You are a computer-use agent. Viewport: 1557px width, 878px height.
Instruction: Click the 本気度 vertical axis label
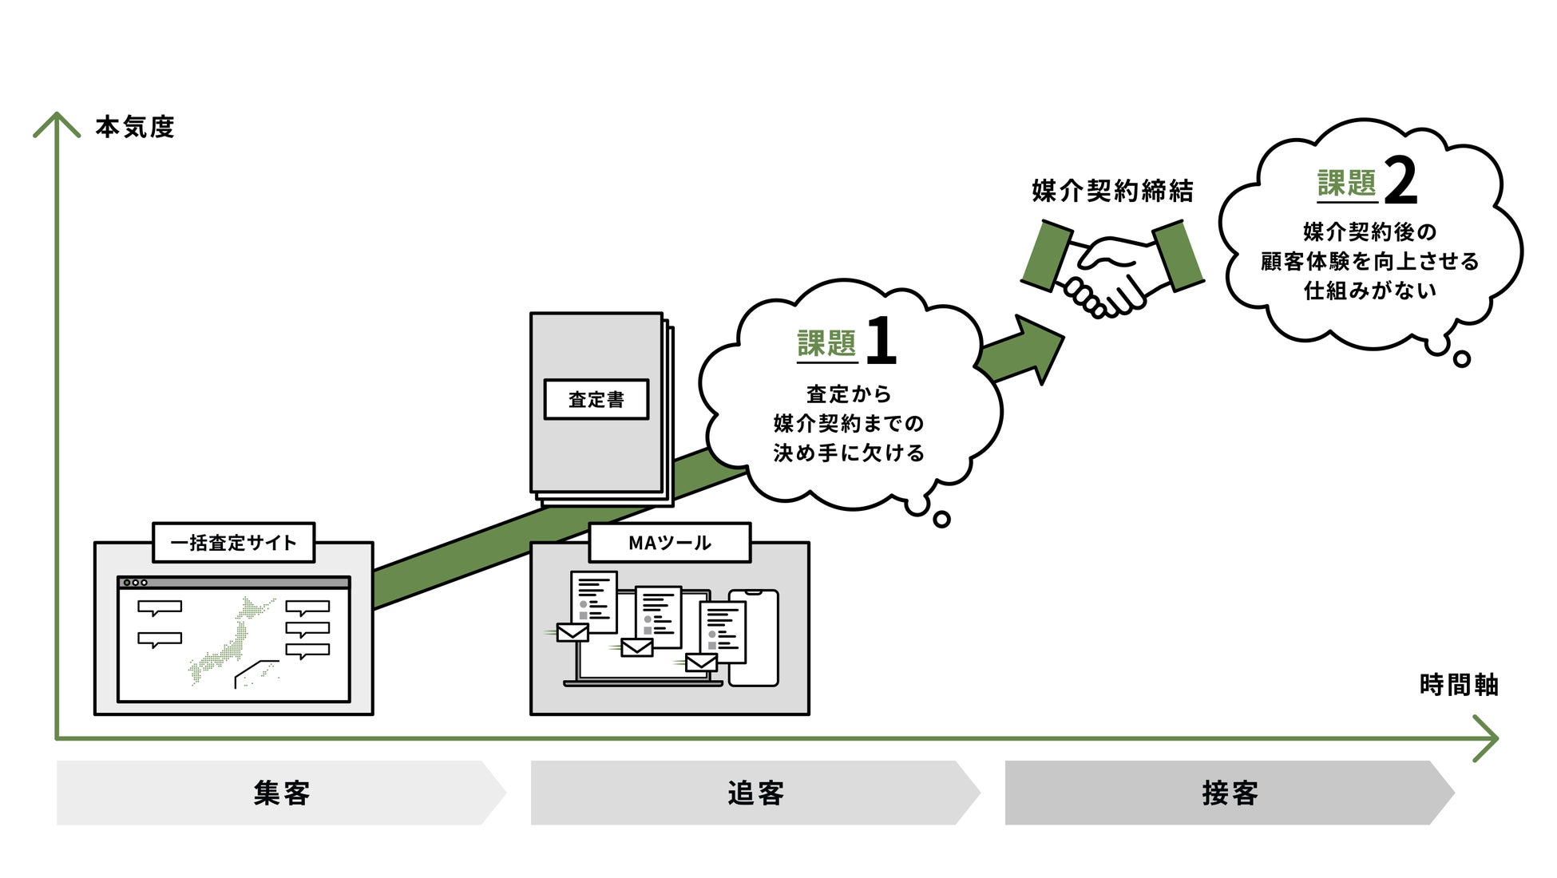click(134, 127)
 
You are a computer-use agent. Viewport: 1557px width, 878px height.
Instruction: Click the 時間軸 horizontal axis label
click(1458, 685)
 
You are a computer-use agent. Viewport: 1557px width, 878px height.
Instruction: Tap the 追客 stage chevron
click(755, 793)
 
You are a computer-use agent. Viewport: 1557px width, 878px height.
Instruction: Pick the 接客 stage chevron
click(1230, 793)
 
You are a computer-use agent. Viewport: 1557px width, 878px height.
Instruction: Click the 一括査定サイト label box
click(233, 543)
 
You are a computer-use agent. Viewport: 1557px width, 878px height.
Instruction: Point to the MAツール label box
click(669, 543)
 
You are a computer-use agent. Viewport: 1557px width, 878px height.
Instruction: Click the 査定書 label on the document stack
click(596, 399)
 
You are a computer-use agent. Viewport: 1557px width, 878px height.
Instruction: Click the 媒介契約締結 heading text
click(1112, 191)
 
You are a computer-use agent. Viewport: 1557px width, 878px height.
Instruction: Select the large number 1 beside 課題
click(880, 341)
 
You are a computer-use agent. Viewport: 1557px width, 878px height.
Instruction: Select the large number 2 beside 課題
click(1401, 181)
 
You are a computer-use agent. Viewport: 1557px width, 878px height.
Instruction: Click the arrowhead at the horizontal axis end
click(1488, 738)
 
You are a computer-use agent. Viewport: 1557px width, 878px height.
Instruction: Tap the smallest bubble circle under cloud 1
click(941, 520)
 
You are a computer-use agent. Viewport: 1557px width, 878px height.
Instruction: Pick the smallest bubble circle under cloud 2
click(1462, 359)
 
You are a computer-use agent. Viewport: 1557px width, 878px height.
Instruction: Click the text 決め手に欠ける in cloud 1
click(848, 453)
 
